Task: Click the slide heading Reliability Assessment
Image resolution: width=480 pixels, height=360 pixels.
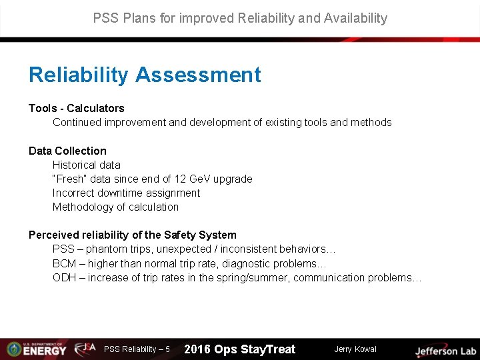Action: coord(145,75)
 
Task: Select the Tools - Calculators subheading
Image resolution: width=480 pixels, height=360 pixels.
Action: coord(76,108)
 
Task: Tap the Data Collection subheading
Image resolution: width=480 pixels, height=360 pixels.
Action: coord(67,151)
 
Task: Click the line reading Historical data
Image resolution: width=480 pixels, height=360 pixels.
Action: coord(87,165)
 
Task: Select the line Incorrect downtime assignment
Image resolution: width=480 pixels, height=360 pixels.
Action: coord(126,193)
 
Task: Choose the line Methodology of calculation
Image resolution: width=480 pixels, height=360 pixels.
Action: coord(115,207)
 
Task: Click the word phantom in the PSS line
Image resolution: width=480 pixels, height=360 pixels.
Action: coord(107,249)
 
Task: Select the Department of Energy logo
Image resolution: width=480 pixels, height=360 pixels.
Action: coord(36,349)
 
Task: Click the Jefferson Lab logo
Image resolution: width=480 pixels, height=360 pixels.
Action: coord(445,350)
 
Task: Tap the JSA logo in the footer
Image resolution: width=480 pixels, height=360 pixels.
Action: coord(85,348)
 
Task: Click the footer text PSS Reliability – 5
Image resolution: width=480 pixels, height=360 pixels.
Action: coord(137,349)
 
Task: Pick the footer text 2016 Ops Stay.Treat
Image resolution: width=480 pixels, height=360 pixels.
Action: coord(239,349)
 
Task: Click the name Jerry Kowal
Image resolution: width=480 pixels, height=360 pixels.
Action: coord(355,349)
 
